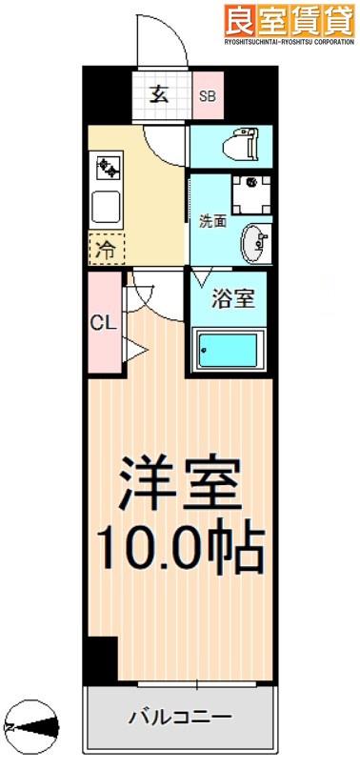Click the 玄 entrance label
coord(158,93)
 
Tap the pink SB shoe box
coord(208,95)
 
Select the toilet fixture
coord(240,145)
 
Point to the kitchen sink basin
coord(107,207)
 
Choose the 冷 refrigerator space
coord(107,250)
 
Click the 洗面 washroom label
coord(212,221)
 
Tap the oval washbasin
coord(255,244)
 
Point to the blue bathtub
coord(230,351)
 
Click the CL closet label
coord(105,323)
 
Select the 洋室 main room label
coord(179,484)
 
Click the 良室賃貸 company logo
coord(290,21)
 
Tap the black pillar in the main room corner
coord(103,659)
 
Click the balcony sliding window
coord(197,683)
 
